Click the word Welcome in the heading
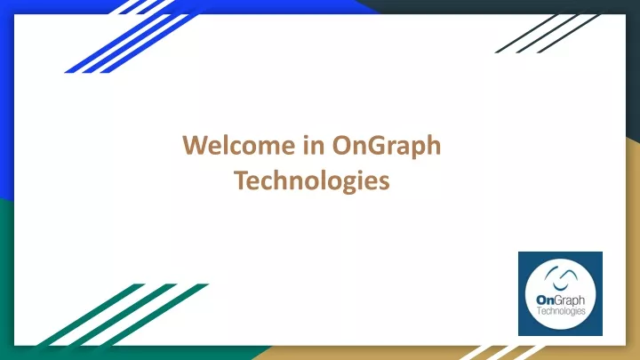239,145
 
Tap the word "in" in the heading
314,145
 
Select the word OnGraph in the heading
387,147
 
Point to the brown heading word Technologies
312,181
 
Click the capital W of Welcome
196,145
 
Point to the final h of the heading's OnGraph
434,145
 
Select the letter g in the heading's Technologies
345,186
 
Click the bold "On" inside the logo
545,300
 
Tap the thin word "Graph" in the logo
570,301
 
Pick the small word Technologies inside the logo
561,311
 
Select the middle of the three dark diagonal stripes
548,34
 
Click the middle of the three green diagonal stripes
124,315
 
